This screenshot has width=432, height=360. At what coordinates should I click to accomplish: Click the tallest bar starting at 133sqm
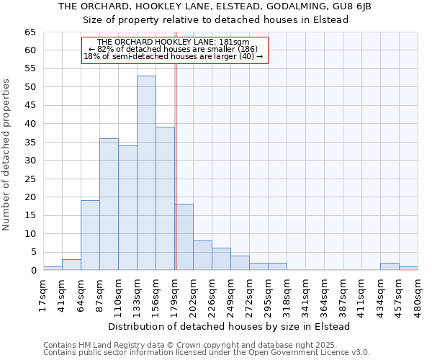pyautogui.click(x=146, y=173)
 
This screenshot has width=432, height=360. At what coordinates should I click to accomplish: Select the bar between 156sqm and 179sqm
pyautogui.click(x=165, y=199)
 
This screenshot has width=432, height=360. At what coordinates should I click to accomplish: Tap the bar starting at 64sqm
pyautogui.click(x=90, y=235)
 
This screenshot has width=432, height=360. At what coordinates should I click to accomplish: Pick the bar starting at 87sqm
pyautogui.click(x=109, y=204)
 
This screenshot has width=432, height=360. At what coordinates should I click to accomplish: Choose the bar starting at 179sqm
pyautogui.click(x=184, y=238)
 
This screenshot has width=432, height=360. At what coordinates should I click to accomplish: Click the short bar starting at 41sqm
pyautogui.click(x=71, y=265)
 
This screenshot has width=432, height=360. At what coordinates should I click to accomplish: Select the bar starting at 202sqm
pyautogui.click(x=202, y=256)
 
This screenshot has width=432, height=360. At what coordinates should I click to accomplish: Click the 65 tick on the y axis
pyautogui.click(x=30, y=32)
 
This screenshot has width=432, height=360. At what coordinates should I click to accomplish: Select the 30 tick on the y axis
pyautogui.click(x=30, y=161)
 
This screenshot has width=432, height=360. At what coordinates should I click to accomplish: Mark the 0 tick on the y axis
pyautogui.click(x=32, y=271)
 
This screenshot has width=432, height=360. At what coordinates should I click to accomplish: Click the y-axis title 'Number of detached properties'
pyautogui.click(x=7, y=154)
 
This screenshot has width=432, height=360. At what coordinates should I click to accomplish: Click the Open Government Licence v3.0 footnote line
pyautogui.click(x=207, y=353)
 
